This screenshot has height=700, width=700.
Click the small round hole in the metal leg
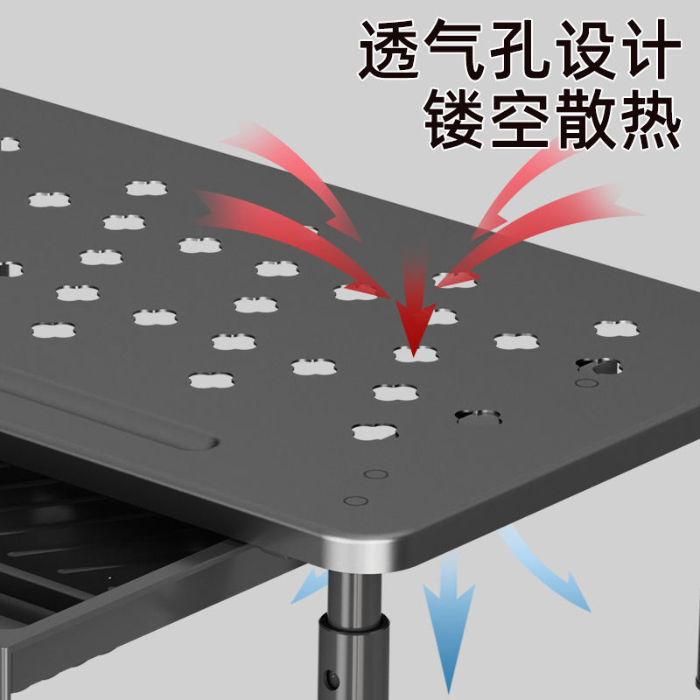click(333, 679)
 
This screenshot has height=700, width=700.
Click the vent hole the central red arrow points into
click(415, 353)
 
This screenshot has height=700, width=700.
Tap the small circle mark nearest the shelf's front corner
click(356, 501)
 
